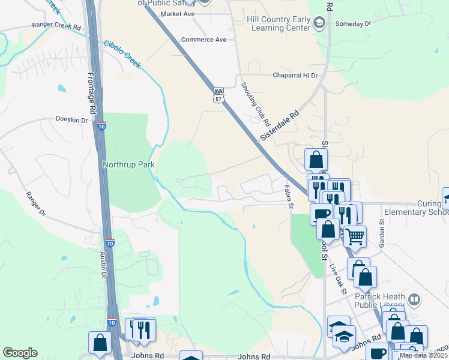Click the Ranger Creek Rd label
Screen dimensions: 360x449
(x=56, y=27)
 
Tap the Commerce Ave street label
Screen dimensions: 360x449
(x=205, y=40)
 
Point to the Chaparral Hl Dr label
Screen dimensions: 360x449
(x=295, y=76)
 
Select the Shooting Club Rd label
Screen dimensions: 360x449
(x=255, y=103)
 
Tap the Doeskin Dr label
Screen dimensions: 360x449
(x=71, y=119)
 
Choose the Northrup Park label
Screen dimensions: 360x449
(x=128, y=164)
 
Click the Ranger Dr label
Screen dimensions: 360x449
(x=35, y=204)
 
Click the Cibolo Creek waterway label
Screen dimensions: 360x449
(x=122, y=54)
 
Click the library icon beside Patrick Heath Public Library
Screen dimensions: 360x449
(x=414, y=299)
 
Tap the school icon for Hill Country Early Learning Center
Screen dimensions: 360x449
(x=319, y=23)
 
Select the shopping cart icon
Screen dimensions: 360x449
(x=355, y=237)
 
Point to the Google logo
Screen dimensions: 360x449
(x=20, y=353)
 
